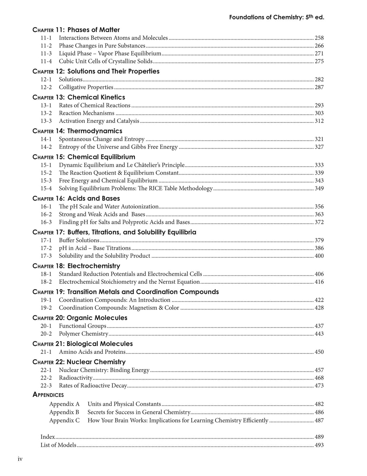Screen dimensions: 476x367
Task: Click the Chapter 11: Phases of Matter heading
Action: point(76,30)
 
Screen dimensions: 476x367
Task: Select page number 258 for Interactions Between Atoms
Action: point(319,38)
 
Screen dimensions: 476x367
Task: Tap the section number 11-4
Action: point(46,61)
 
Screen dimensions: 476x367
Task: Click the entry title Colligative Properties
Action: point(86,87)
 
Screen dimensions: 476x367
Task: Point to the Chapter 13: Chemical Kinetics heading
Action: point(79,97)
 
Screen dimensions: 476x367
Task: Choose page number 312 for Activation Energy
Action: point(319,121)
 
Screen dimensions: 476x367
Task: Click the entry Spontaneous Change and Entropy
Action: point(102,139)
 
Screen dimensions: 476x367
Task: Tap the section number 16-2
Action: point(46,214)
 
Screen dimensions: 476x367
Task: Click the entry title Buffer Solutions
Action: point(79,240)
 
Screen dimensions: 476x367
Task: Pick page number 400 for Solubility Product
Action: point(319,256)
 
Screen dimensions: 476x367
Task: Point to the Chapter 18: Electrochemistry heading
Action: point(76,266)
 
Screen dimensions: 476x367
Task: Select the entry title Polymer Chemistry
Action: point(83,334)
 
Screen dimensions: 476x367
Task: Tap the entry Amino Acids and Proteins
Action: point(92,352)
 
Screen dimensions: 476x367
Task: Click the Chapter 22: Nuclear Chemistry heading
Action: point(79,362)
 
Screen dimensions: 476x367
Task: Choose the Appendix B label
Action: point(64,412)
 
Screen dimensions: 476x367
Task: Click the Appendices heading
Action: point(48,395)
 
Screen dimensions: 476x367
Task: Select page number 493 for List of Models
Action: point(319,445)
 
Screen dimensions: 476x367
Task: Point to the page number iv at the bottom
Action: point(20,459)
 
